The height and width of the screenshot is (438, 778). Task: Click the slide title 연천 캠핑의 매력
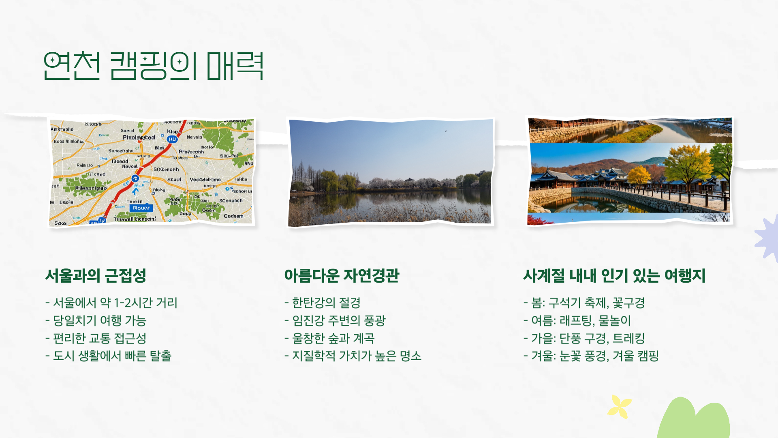pos(153,66)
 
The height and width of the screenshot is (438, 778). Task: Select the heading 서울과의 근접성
pos(96,276)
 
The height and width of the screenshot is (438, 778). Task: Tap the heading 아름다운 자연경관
pos(342,276)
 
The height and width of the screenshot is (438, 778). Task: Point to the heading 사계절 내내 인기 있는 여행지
pos(614,276)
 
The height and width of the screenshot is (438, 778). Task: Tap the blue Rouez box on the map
pos(141,208)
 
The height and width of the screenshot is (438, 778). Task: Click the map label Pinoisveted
pos(139,137)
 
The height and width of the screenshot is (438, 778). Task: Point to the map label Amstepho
pos(62,129)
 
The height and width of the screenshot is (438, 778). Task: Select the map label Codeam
pos(233,216)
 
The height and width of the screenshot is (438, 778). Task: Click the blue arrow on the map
pos(135,191)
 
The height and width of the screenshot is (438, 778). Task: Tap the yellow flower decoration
pos(620,406)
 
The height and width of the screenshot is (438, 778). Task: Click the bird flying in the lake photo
pos(446,131)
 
